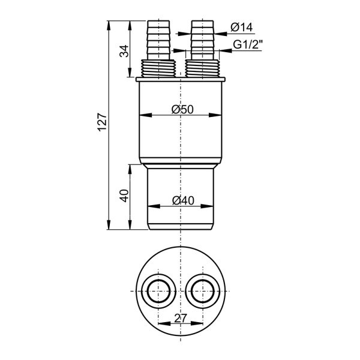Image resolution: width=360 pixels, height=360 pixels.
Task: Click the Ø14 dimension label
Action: click(242, 28)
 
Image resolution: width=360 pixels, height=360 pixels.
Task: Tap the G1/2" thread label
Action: click(248, 44)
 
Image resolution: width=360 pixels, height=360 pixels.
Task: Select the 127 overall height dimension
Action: click(103, 122)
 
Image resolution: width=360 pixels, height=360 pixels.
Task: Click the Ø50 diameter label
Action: click(183, 109)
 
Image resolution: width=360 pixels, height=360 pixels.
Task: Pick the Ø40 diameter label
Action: click(183, 200)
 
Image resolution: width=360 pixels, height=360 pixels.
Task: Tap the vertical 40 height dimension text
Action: click(125, 196)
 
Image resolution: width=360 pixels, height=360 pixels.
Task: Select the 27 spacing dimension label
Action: click(181, 318)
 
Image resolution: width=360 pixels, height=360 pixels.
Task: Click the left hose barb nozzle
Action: click(158, 40)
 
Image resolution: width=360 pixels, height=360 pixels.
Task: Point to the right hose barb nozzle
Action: click(203, 40)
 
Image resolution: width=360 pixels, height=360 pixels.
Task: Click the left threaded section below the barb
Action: click(158, 68)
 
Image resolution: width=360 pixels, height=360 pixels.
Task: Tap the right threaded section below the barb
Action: click(203, 68)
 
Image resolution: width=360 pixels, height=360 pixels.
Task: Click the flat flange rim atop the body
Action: click(181, 79)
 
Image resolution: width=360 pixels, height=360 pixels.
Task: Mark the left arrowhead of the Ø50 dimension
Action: click(146, 115)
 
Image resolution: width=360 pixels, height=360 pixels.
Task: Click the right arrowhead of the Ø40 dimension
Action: click(208, 206)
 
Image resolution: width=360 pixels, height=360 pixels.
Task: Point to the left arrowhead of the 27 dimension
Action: click(164, 323)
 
